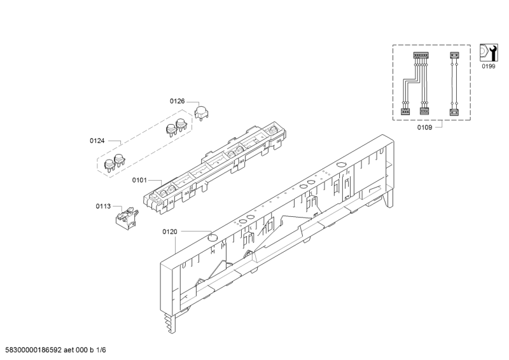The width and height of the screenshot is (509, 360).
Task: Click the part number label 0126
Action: coord(178,101)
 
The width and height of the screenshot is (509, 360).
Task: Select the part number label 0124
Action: coord(97,141)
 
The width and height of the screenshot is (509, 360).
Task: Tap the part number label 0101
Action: coord(139,180)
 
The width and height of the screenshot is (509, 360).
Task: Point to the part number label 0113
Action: coord(103,206)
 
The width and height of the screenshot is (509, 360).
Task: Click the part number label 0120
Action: coord(170,232)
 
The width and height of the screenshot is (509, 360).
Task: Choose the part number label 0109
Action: coord(424,128)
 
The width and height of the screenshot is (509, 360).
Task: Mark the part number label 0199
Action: coord(489,67)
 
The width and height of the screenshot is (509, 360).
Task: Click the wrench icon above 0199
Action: coord(489,53)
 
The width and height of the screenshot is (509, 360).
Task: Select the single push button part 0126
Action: coord(201,113)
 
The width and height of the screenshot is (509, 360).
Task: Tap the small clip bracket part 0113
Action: coord(127,217)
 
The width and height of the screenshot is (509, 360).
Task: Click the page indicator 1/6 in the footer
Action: coord(101,350)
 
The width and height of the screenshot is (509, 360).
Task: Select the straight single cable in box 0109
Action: coord(454,84)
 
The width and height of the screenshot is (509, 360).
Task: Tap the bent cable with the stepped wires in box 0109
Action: coord(415,84)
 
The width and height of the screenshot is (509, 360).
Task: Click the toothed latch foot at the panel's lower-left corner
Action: coord(169,323)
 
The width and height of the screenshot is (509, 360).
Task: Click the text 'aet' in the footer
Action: coord(69,350)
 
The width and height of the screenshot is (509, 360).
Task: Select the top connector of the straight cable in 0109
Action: coord(454,55)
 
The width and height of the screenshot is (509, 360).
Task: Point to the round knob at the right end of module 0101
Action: coord(272,130)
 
